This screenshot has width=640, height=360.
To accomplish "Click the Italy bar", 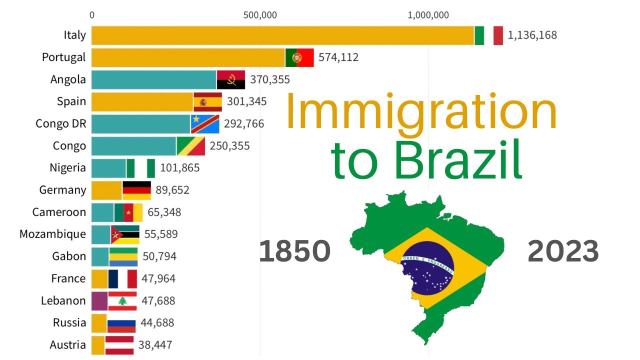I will [282, 35].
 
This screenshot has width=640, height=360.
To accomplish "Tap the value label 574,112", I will [338, 57].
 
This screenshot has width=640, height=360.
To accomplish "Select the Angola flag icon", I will [230, 79].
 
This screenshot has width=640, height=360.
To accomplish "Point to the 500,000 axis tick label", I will [260, 15].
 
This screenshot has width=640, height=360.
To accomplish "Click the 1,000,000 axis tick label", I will [428, 15].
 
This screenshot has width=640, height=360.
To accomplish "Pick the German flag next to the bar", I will [136, 190].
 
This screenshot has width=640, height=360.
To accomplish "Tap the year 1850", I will [294, 251].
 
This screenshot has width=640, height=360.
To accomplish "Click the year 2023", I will [563, 251].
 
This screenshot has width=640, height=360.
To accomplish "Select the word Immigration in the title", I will [420, 113].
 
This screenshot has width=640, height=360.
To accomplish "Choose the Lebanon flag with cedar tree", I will [122, 301].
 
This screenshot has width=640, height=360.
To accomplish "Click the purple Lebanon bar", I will [99, 301].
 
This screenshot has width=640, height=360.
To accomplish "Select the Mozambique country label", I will [52, 234].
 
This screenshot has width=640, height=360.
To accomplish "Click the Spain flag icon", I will [207, 102].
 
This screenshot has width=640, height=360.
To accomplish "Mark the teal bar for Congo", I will [133, 146].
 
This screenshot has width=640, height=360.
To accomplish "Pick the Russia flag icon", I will [121, 323].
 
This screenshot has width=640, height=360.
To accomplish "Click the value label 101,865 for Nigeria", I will [179, 168].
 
